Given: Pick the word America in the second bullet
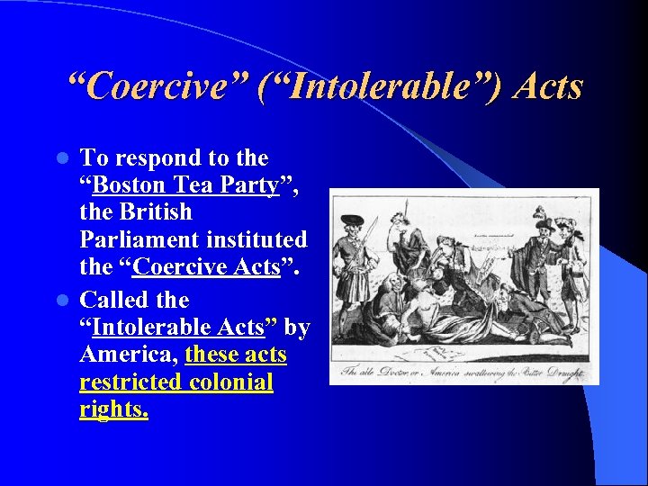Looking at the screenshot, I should coord(126,355).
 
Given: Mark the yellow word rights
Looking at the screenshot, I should coord(113,410).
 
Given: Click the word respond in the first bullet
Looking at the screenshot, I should coord(157,158).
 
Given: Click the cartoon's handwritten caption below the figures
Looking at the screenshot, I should coord(463,371).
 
